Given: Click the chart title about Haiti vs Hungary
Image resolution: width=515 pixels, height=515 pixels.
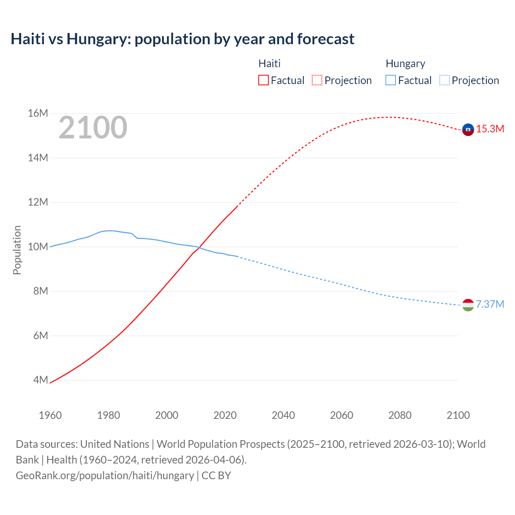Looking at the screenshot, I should pos(182,39).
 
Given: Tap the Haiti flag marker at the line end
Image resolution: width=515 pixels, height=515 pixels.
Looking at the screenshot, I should pos(468,130).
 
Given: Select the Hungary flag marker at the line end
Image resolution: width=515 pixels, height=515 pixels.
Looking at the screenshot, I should pos(468,305).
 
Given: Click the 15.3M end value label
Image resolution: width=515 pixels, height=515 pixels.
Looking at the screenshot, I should pos(490,129).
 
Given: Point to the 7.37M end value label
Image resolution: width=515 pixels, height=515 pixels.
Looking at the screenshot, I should pos(490,304).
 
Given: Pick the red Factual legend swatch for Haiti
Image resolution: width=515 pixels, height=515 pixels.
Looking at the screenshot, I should pos(263,80).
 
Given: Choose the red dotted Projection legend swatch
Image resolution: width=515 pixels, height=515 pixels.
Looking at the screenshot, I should pos(317,80).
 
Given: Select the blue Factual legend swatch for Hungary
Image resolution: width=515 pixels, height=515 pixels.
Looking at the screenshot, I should pos(390,80).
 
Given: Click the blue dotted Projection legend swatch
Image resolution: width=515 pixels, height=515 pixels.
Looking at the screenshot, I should pos(444,80).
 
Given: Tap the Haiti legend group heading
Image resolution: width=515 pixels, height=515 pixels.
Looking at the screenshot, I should pos(269,64).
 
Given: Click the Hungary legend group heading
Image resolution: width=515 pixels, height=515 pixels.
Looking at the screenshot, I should pos(405,64).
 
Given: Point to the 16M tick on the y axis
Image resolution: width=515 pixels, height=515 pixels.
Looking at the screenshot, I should pos(38,113).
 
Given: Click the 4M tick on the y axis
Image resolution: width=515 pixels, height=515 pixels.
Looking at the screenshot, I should pos(40,380).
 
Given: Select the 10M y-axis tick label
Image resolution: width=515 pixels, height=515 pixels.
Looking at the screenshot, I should pos(38,247).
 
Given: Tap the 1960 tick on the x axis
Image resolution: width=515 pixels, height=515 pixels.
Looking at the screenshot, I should pos(50,415).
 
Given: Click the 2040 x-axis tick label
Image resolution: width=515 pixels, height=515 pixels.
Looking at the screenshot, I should pos(283,415).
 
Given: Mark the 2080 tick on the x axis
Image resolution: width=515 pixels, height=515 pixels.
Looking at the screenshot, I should pos(400,415).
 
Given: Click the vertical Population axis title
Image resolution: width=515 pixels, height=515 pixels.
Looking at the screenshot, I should pos(17,250).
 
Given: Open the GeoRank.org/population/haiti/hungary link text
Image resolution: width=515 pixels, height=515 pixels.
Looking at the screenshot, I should pos(105,476).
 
